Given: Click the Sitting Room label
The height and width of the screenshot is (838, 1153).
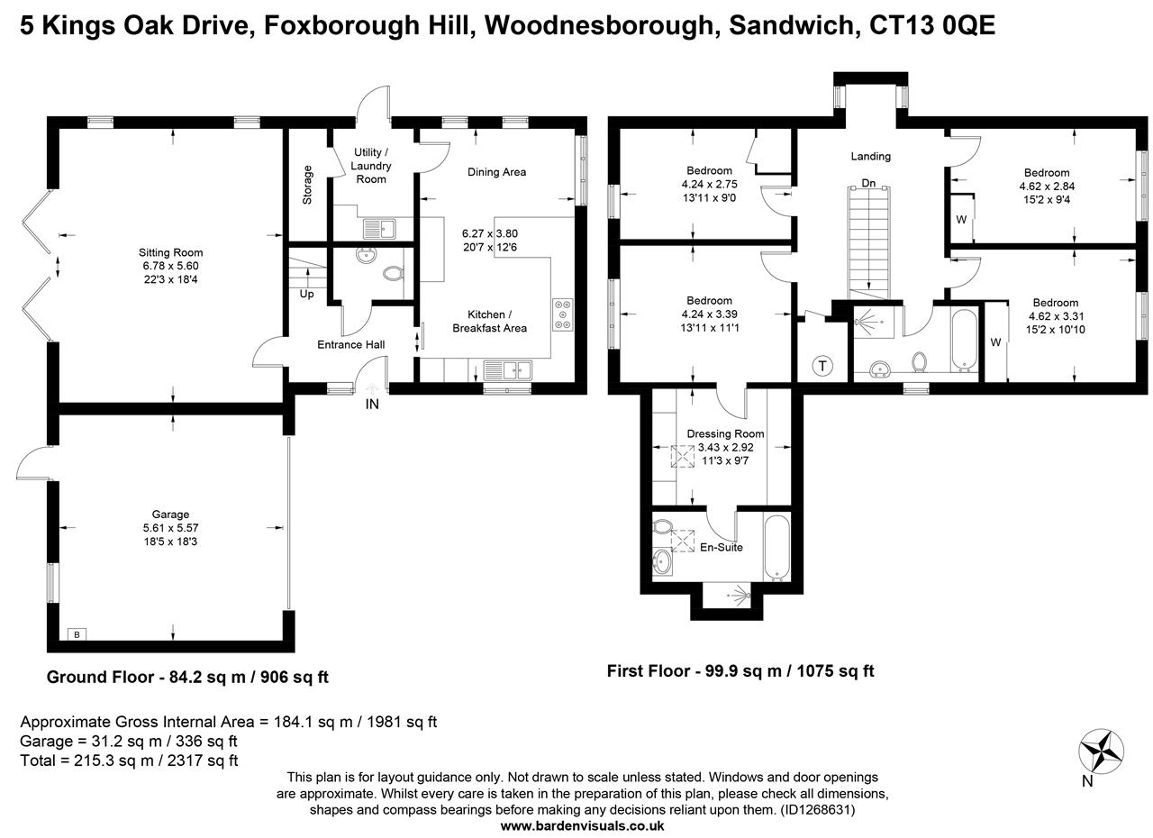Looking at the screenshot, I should [170, 252].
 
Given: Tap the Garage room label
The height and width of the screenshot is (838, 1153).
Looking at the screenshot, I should [170, 515].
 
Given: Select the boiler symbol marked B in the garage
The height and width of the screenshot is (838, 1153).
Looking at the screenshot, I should [77, 634].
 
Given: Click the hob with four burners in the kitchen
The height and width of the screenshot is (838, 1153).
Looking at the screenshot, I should [564, 314].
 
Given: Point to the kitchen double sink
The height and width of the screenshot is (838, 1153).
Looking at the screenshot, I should [508, 369].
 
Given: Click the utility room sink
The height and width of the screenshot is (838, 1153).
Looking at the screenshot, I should [378, 229].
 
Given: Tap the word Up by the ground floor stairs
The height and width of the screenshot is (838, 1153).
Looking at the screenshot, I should [307, 294].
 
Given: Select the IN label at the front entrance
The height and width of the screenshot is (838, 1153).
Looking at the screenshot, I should [372, 405].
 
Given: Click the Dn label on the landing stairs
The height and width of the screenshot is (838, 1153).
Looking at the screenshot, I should [868, 183].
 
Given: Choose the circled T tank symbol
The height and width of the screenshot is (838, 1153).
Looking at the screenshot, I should [822, 366].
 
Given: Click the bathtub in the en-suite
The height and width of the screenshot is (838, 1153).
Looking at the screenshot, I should [776, 548].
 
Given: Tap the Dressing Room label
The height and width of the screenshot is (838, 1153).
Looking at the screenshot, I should [725, 433].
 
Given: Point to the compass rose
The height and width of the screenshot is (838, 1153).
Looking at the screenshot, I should [1102, 748].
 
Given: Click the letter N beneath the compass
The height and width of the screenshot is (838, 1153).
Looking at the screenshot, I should [1087, 781].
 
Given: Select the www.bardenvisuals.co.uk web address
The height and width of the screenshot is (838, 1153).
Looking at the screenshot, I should [583, 824].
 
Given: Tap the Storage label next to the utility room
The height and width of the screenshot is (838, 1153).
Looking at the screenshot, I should [307, 184].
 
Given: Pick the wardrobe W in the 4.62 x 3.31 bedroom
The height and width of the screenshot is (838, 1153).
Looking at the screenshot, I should [995, 342].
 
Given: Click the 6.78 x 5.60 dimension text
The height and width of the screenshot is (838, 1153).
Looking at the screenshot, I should [170, 267].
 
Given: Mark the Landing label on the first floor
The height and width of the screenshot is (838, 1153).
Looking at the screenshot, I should [870, 156].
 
